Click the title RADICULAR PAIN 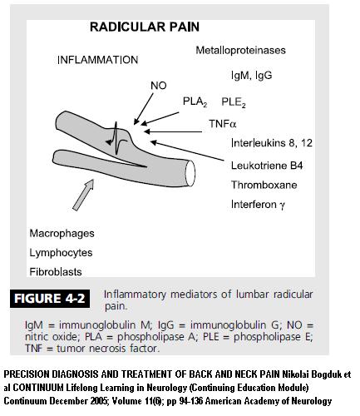[145, 27]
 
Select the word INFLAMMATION [97, 60]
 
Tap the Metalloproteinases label [240, 50]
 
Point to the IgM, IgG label [252, 76]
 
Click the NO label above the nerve [159, 86]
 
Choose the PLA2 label [195, 102]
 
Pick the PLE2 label [234, 102]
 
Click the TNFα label [223, 124]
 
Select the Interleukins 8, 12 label [272, 143]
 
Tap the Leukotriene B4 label [267, 166]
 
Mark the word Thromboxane [264, 185]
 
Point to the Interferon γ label [258, 205]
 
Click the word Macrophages [62, 234]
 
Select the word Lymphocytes [61, 253]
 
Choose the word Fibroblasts [56, 272]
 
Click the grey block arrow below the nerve [83, 195]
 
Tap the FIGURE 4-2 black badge [50, 299]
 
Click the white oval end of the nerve [190, 174]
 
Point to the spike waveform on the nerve [116, 139]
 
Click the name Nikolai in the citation [297, 374]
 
